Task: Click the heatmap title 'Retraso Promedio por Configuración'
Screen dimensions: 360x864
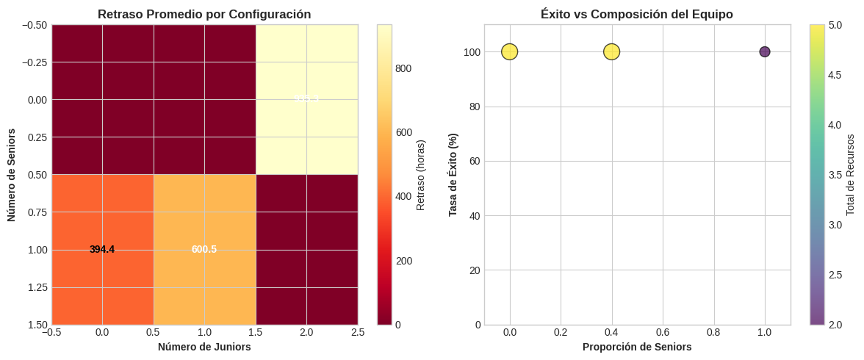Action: pos(204,14)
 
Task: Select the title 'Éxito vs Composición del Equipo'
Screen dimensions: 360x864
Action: pos(637,14)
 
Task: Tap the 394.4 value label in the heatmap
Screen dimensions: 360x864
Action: pos(102,250)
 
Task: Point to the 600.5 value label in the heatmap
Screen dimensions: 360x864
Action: pos(204,250)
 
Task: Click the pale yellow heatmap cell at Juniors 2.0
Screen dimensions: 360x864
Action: pos(306,99)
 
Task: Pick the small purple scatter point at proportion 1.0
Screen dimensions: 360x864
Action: pos(765,51)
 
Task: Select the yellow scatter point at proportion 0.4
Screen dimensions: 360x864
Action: pos(612,51)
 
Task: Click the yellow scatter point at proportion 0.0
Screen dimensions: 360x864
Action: pos(510,51)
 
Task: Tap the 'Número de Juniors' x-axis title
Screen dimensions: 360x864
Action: pos(204,347)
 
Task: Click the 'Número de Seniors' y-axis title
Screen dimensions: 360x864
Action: pos(12,175)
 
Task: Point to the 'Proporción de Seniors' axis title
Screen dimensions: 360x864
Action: pos(637,347)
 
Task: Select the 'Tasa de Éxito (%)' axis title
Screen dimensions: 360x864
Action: pos(453,175)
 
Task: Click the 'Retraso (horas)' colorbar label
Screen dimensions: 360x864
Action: pos(421,175)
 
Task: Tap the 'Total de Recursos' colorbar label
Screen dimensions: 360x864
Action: pos(851,175)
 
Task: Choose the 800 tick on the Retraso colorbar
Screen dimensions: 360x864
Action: pos(404,68)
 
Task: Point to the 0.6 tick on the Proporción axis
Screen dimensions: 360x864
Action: pos(663,333)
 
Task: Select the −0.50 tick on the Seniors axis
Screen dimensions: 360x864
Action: pos(32,24)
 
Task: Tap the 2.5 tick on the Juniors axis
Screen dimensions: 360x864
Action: pos(358,333)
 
